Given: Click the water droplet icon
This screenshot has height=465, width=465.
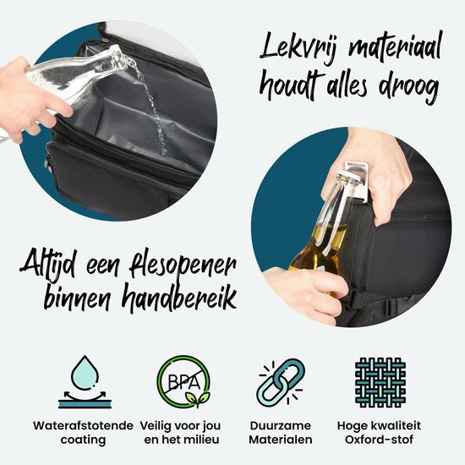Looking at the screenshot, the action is [85, 381].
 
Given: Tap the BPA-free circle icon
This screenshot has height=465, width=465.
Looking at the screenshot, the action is [183, 381].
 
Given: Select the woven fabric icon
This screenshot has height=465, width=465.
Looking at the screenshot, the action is [380, 382].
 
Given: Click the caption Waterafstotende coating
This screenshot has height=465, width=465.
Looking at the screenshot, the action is [83, 433].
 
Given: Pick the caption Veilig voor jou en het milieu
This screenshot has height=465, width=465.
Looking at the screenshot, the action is [181, 433].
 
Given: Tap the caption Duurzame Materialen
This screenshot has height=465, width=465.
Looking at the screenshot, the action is [280, 433].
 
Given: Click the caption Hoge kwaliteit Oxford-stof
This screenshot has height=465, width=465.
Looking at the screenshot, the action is [379, 433].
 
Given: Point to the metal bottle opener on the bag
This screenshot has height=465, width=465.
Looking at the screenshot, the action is [358, 179].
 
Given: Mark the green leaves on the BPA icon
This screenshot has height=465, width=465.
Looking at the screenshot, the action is [198, 398].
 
